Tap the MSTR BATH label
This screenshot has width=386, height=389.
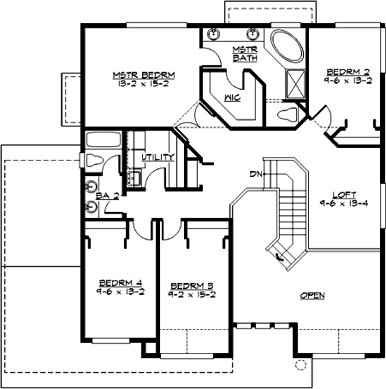coord(245,53)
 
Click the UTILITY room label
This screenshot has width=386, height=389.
coord(159,157)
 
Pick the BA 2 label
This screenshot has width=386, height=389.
coord(106,196)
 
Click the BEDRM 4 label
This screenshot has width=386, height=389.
coord(121,281)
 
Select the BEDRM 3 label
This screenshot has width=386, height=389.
coord(191,285)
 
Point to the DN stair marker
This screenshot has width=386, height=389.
coord(254,174)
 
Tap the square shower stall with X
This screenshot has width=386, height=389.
coord(297,83)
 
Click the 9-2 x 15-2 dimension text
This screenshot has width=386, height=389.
coord(191,294)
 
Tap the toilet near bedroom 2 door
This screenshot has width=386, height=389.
coord(288,114)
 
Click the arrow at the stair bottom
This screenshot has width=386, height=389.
coord(277,253)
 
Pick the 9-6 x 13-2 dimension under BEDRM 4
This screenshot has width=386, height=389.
coord(121,291)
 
